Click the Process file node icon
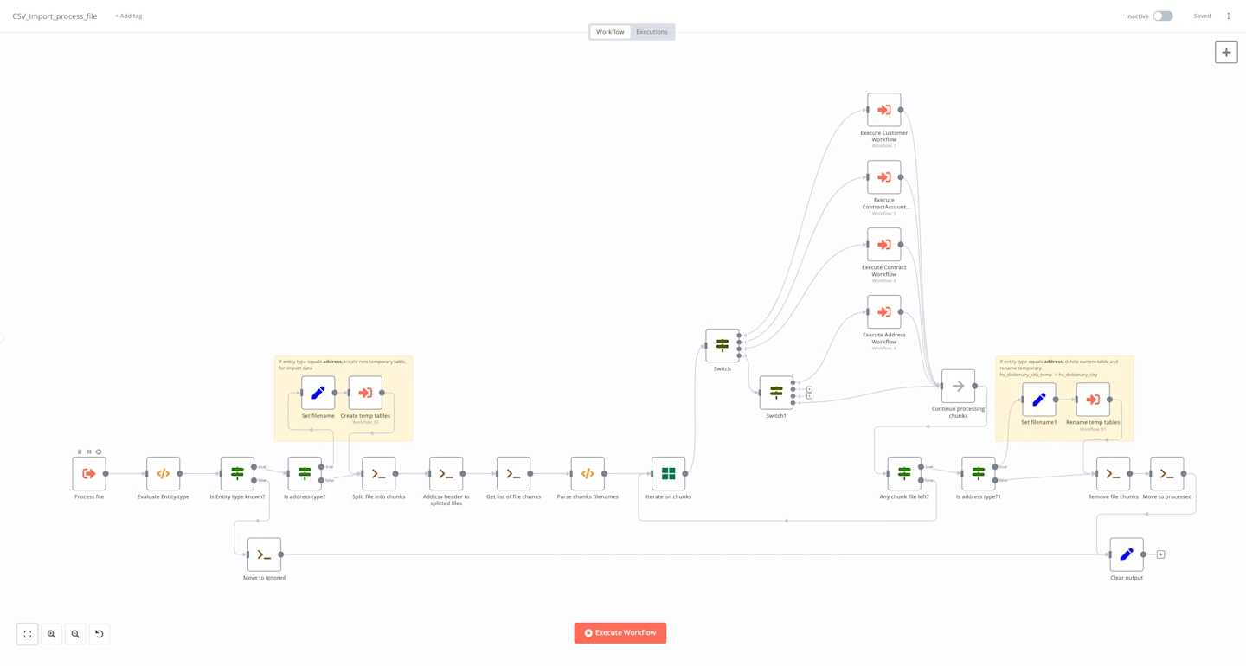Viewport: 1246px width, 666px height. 89,474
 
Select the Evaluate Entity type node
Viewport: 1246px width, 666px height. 163,474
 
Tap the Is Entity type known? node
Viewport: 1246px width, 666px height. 237,474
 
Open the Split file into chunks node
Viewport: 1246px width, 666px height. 378,474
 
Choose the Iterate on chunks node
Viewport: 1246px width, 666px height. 668,474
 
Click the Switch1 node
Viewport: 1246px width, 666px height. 776,393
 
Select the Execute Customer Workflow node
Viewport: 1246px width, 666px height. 883,110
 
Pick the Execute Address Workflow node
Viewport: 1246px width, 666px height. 883,312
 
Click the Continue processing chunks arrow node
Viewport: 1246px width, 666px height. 958,387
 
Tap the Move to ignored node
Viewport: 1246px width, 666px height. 264,554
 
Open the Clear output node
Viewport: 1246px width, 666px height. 1126,554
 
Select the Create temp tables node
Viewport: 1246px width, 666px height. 365,393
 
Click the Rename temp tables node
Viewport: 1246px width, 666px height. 1093,400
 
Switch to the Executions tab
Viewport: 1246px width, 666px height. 652,32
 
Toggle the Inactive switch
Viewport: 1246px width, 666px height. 1162,16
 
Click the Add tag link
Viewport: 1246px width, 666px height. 129,16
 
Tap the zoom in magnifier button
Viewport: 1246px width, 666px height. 51,634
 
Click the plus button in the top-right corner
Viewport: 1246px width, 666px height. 1226,52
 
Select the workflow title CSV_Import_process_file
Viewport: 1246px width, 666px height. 55,16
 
